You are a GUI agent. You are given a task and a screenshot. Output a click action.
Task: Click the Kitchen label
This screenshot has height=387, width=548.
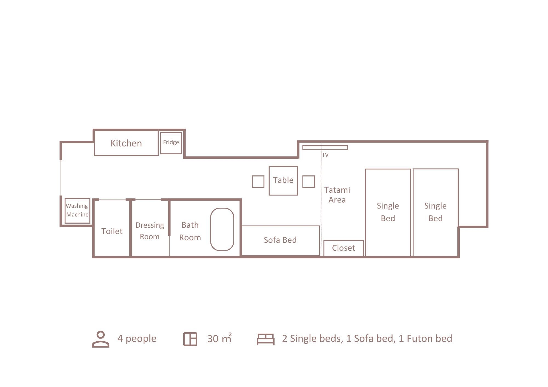pyautogui.click(x=126, y=143)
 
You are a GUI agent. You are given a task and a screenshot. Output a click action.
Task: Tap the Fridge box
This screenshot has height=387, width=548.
pyautogui.click(x=171, y=143)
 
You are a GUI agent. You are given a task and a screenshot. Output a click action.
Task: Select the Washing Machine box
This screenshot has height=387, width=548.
pyautogui.click(x=78, y=210)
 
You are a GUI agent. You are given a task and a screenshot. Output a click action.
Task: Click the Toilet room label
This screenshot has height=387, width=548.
pyautogui.click(x=112, y=231)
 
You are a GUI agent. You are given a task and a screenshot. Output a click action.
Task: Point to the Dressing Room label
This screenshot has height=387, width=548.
pyautogui.click(x=150, y=231)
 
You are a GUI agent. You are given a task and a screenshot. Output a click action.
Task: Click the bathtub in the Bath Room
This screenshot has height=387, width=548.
pyautogui.click(x=222, y=229)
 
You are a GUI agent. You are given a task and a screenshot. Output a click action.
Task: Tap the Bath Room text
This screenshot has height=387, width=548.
pyautogui.click(x=190, y=231)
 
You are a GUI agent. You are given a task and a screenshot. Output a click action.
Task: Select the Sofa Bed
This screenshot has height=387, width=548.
pyautogui.click(x=280, y=241)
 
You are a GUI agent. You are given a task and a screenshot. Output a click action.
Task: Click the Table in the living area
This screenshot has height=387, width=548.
pyautogui.click(x=283, y=181)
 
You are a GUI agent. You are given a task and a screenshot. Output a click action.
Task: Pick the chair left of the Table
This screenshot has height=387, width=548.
pyautogui.click(x=258, y=182)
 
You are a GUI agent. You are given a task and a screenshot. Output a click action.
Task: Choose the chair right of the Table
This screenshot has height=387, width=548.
pyautogui.click(x=309, y=182)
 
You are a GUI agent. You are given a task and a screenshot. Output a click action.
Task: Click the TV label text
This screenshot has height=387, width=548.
pyautogui.click(x=325, y=155)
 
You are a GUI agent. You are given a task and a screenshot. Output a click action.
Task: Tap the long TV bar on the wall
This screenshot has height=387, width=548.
pyautogui.click(x=325, y=148)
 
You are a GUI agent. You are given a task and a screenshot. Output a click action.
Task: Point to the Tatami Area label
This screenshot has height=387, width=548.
pyautogui.click(x=337, y=195)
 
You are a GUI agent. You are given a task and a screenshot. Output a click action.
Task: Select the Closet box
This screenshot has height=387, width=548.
pyautogui.click(x=344, y=248)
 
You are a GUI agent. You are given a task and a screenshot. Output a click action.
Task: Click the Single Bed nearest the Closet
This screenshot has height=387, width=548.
pyautogui.click(x=388, y=212)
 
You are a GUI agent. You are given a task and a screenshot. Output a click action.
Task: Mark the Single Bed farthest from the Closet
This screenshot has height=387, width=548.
pyautogui.click(x=436, y=212)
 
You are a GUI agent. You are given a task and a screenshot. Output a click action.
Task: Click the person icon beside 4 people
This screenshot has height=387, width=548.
pyautogui.click(x=101, y=339)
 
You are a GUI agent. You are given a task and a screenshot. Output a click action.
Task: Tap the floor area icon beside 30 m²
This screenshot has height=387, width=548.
pyautogui.click(x=190, y=339)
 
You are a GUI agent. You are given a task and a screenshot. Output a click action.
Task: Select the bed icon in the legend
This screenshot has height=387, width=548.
pyautogui.click(x=266, y=339)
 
